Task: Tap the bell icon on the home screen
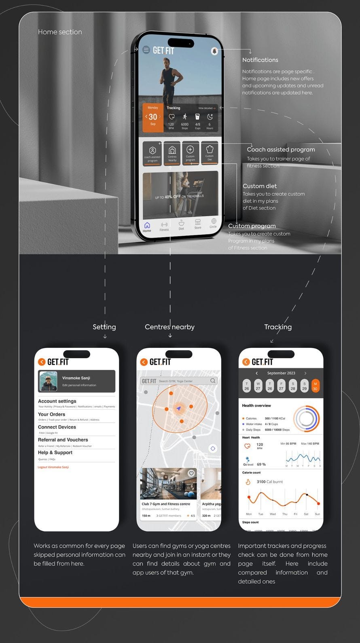(x=214, y=51)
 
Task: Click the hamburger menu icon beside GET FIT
(x=146, y=50)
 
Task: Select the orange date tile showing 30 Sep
(x=153, y=117)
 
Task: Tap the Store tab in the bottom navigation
(x=198, y=224)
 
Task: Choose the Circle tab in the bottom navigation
(x=213, y=223)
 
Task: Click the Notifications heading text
(x=260, y=60)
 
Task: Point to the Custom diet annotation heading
(x=260, y=186)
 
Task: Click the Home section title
(x=60, y=32)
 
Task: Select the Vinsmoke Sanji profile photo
(x=48, y=381)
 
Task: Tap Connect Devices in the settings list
(x=57, y=427)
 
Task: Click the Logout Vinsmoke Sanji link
(x=53, y=467)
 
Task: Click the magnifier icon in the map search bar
(x=213, y=381)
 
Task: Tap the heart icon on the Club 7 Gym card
(x=191, y=473)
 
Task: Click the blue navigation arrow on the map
(x=178, y=409)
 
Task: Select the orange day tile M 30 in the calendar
(x=316, y=386)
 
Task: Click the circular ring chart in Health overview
(x=306, y=419)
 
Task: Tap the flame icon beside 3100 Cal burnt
(x=248, y=482)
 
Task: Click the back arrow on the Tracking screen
(x=246, y=362)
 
